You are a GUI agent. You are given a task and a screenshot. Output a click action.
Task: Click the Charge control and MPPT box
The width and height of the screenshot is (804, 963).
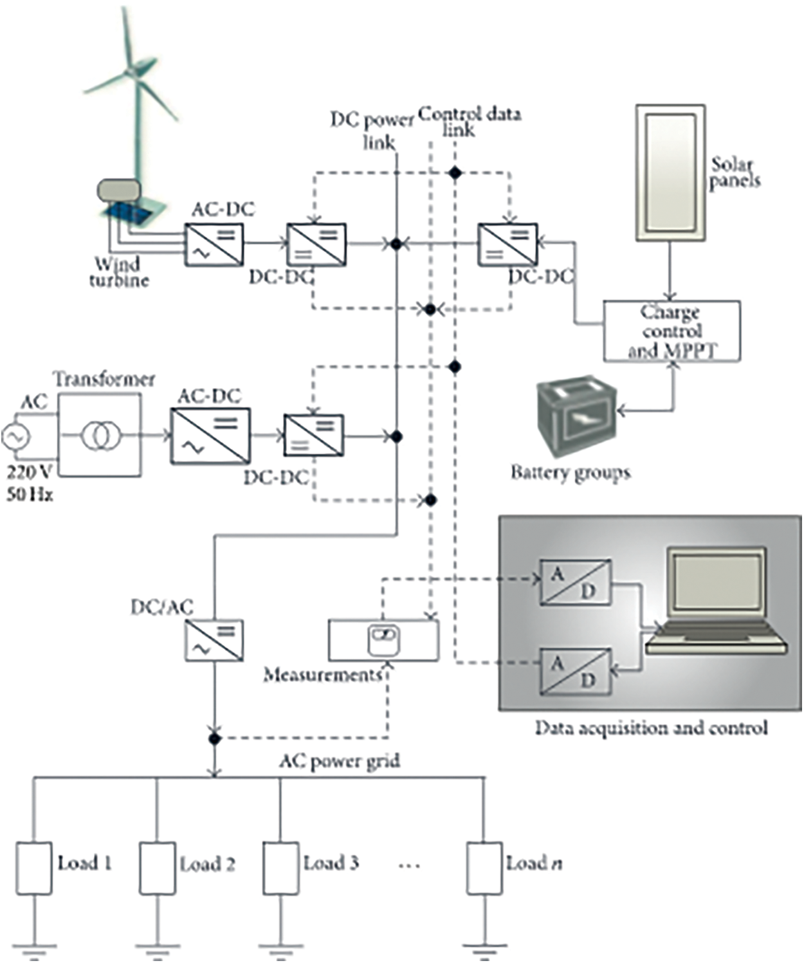(x=672, y=331)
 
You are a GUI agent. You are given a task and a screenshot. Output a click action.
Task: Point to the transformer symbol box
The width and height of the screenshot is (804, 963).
(x=100, y=436)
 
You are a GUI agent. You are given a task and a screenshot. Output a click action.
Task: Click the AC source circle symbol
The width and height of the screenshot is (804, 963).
(x=15, y=437)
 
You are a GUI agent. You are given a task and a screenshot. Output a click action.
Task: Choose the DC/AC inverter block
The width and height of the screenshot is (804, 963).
(x=214, y=641)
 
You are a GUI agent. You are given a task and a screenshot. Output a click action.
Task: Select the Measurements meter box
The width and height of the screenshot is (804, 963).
(x=383, y=641)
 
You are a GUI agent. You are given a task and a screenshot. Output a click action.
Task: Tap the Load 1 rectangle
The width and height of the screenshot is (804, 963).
(x=34, y=868)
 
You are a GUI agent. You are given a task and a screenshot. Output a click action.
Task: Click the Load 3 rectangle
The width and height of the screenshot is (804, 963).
(x=280, y=868)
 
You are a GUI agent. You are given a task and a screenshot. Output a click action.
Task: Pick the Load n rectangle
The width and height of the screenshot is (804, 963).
(x=484, y=868)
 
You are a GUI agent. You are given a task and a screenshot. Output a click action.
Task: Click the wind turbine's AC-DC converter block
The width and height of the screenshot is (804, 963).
(x=214, y=244)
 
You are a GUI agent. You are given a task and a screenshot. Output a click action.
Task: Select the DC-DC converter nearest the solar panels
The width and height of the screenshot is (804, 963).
(x=507, y=244)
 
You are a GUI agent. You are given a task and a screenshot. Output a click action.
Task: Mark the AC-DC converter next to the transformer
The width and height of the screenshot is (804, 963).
(x=210, y=436)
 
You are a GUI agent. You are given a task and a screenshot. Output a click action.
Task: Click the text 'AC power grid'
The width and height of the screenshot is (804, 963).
(x=339, y=762)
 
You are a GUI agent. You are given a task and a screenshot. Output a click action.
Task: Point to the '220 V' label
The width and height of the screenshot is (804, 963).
(x=29, y=472)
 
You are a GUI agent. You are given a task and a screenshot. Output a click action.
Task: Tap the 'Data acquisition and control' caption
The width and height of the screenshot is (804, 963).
(x=651, y=728)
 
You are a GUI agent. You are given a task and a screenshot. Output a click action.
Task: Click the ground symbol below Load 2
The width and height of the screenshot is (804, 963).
(x=158, y=946)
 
